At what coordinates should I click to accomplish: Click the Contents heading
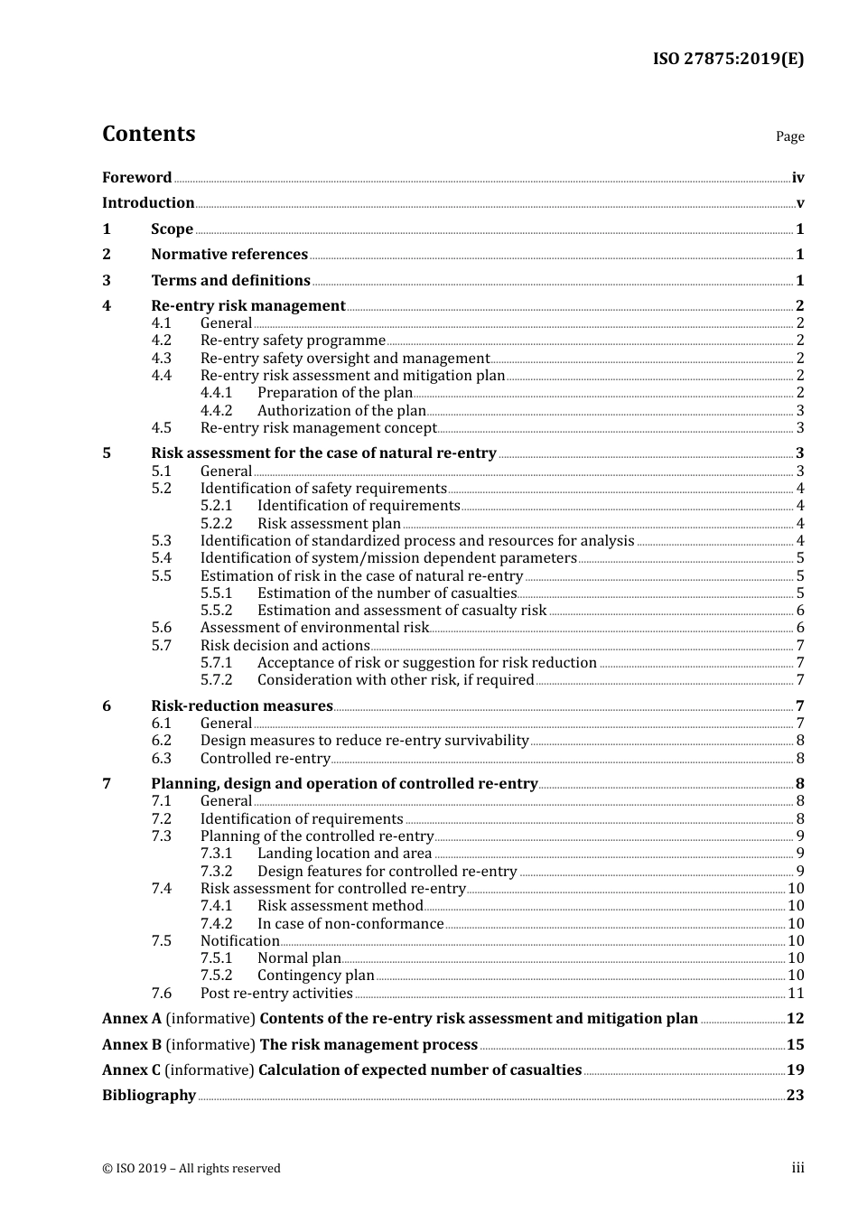pos(148,134)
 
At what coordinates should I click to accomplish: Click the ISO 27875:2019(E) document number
pos(728,60)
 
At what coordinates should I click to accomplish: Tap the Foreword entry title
pos(136,178)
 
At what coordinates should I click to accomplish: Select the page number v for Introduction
pos(799,203)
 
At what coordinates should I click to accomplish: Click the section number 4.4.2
pos(216,411)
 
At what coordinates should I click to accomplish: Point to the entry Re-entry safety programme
pos(293,341)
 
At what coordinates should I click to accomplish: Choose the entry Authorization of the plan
pos(341,411)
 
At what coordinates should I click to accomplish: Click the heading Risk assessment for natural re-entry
pos(323,453)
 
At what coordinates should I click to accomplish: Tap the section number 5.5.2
pos(216,611)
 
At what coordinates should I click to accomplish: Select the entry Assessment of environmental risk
pos(314,628)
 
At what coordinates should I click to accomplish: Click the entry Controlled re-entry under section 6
pos(265,759)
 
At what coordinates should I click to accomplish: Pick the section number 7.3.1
pos(216,854)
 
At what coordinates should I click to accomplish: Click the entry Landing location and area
pos(344,854)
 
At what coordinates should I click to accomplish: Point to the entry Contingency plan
pos(315,976)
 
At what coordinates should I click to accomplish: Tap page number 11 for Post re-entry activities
pos(796,994)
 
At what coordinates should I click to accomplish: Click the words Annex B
pos(132,1045)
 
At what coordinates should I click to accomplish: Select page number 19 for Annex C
pos(795,1070)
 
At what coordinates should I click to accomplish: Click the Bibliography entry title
pos(149,1096)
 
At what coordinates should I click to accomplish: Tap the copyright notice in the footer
pos(191,1169)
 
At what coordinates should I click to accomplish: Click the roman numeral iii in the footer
pos(797,1168)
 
